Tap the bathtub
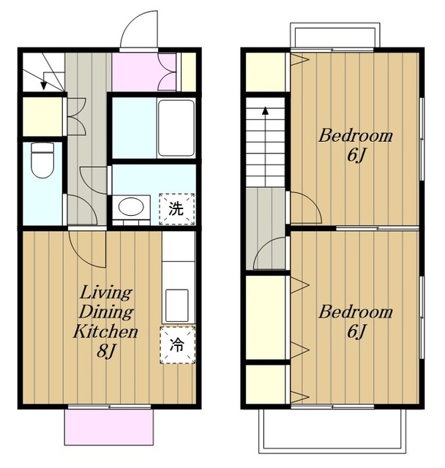coord(176,128)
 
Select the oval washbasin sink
coord(131,206)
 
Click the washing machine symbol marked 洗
coord(177,209)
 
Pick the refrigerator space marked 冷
coord(177,345)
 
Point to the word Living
coord(105,293)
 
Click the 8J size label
coord(105,351)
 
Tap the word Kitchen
coord(105,331)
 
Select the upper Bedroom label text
coord(355,136)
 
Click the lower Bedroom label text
coord(355,312)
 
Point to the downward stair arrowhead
coord(44,86)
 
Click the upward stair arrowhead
coord(265,110)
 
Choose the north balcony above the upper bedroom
coord(335,35)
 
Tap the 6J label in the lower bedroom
coord(356,331)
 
